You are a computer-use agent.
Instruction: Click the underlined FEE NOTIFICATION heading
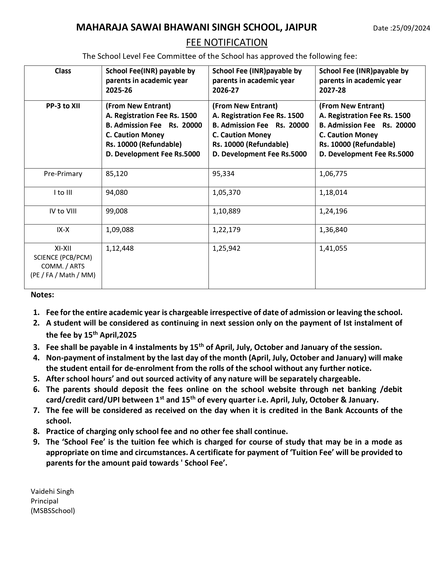(227, 42)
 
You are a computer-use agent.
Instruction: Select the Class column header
(63, 71)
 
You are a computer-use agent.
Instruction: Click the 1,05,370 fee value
(226, 193)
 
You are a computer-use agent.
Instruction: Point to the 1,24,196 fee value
(333, 211)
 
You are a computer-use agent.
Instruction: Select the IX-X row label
(63, 230)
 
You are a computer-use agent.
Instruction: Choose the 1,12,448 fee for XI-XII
(120, 248)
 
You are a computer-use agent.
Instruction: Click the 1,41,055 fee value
(333, 248)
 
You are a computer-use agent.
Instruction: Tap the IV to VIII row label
(63, 211)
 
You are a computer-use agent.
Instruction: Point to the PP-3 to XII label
(63, 106)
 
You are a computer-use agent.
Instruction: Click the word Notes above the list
(42, 295)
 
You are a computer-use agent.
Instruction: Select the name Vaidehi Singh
(52, 491)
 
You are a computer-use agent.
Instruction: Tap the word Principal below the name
(44, 501)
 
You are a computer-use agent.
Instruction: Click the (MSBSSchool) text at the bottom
(53, 511)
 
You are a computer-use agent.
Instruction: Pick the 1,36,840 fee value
(333, 230)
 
